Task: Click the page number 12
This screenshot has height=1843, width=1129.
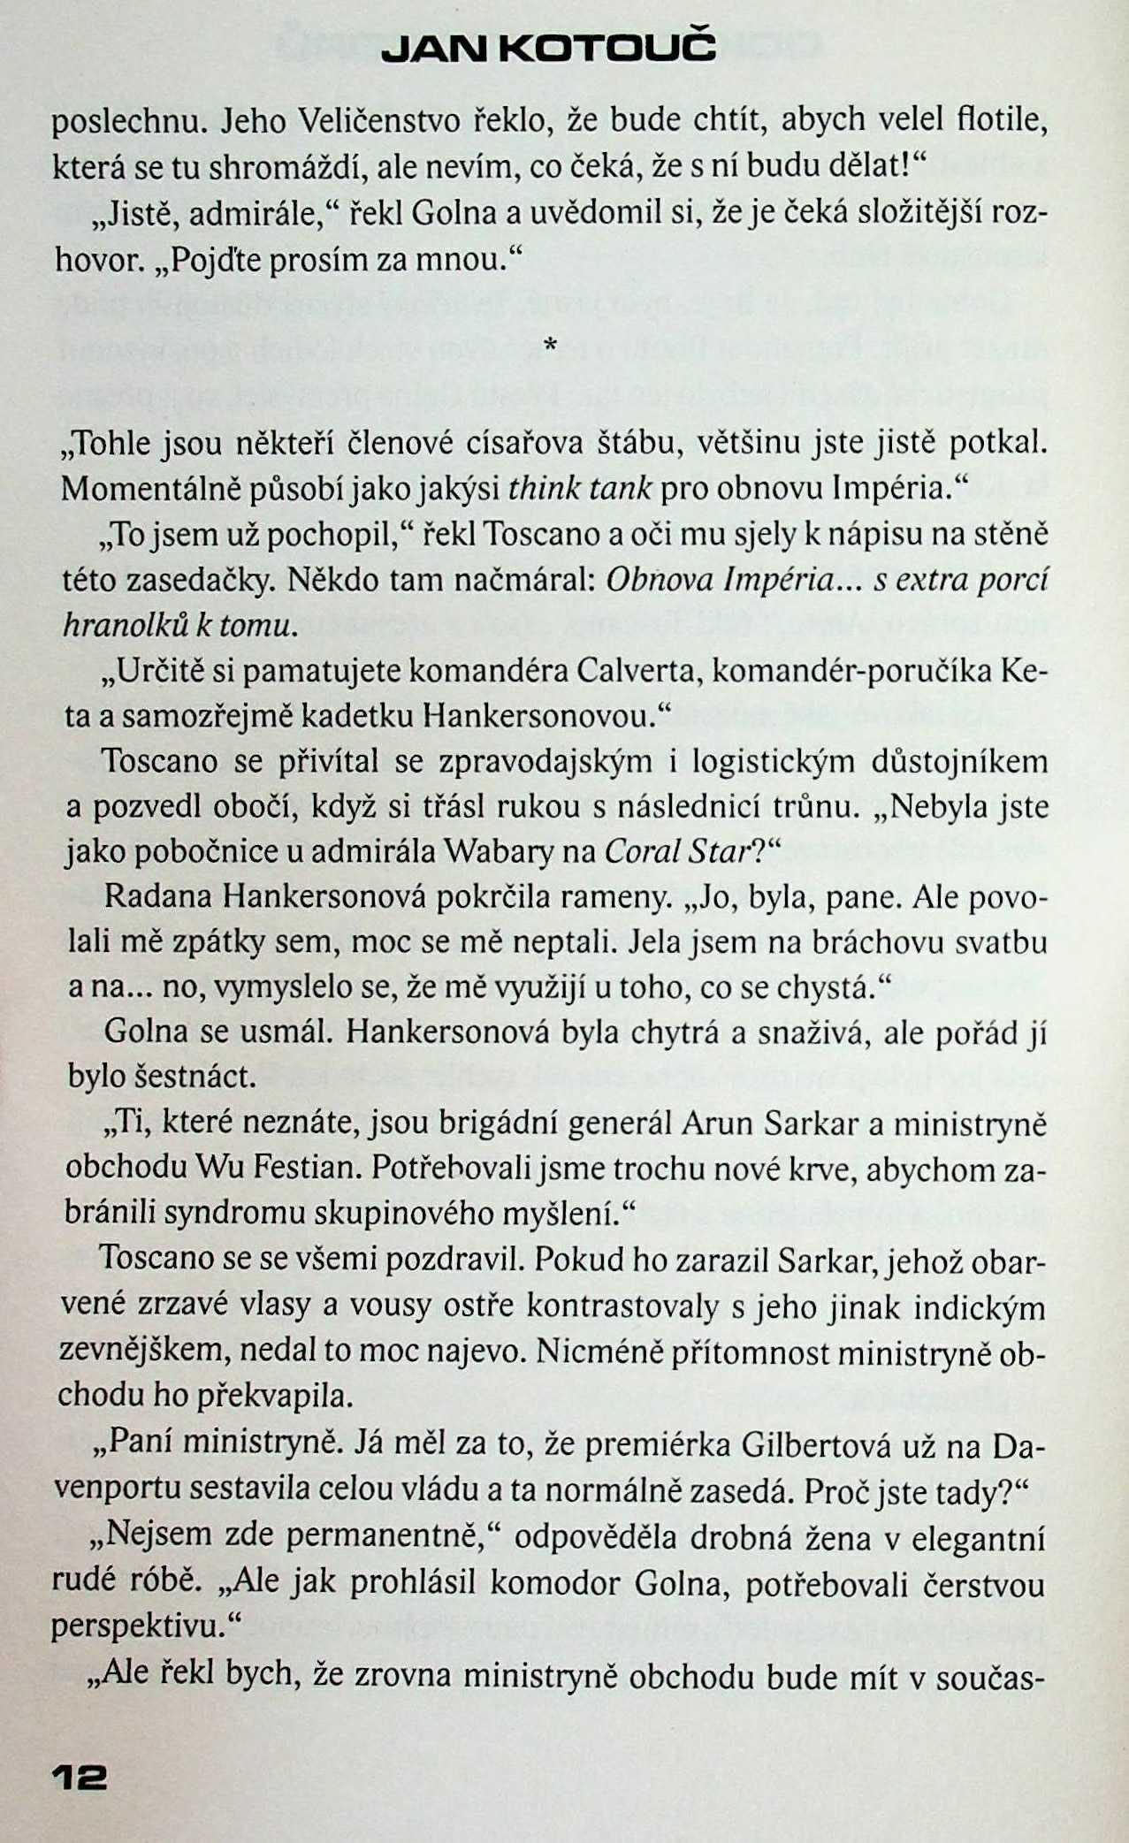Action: (x=80, y=1777)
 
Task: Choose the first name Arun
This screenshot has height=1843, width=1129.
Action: (x=718, y=1123)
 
